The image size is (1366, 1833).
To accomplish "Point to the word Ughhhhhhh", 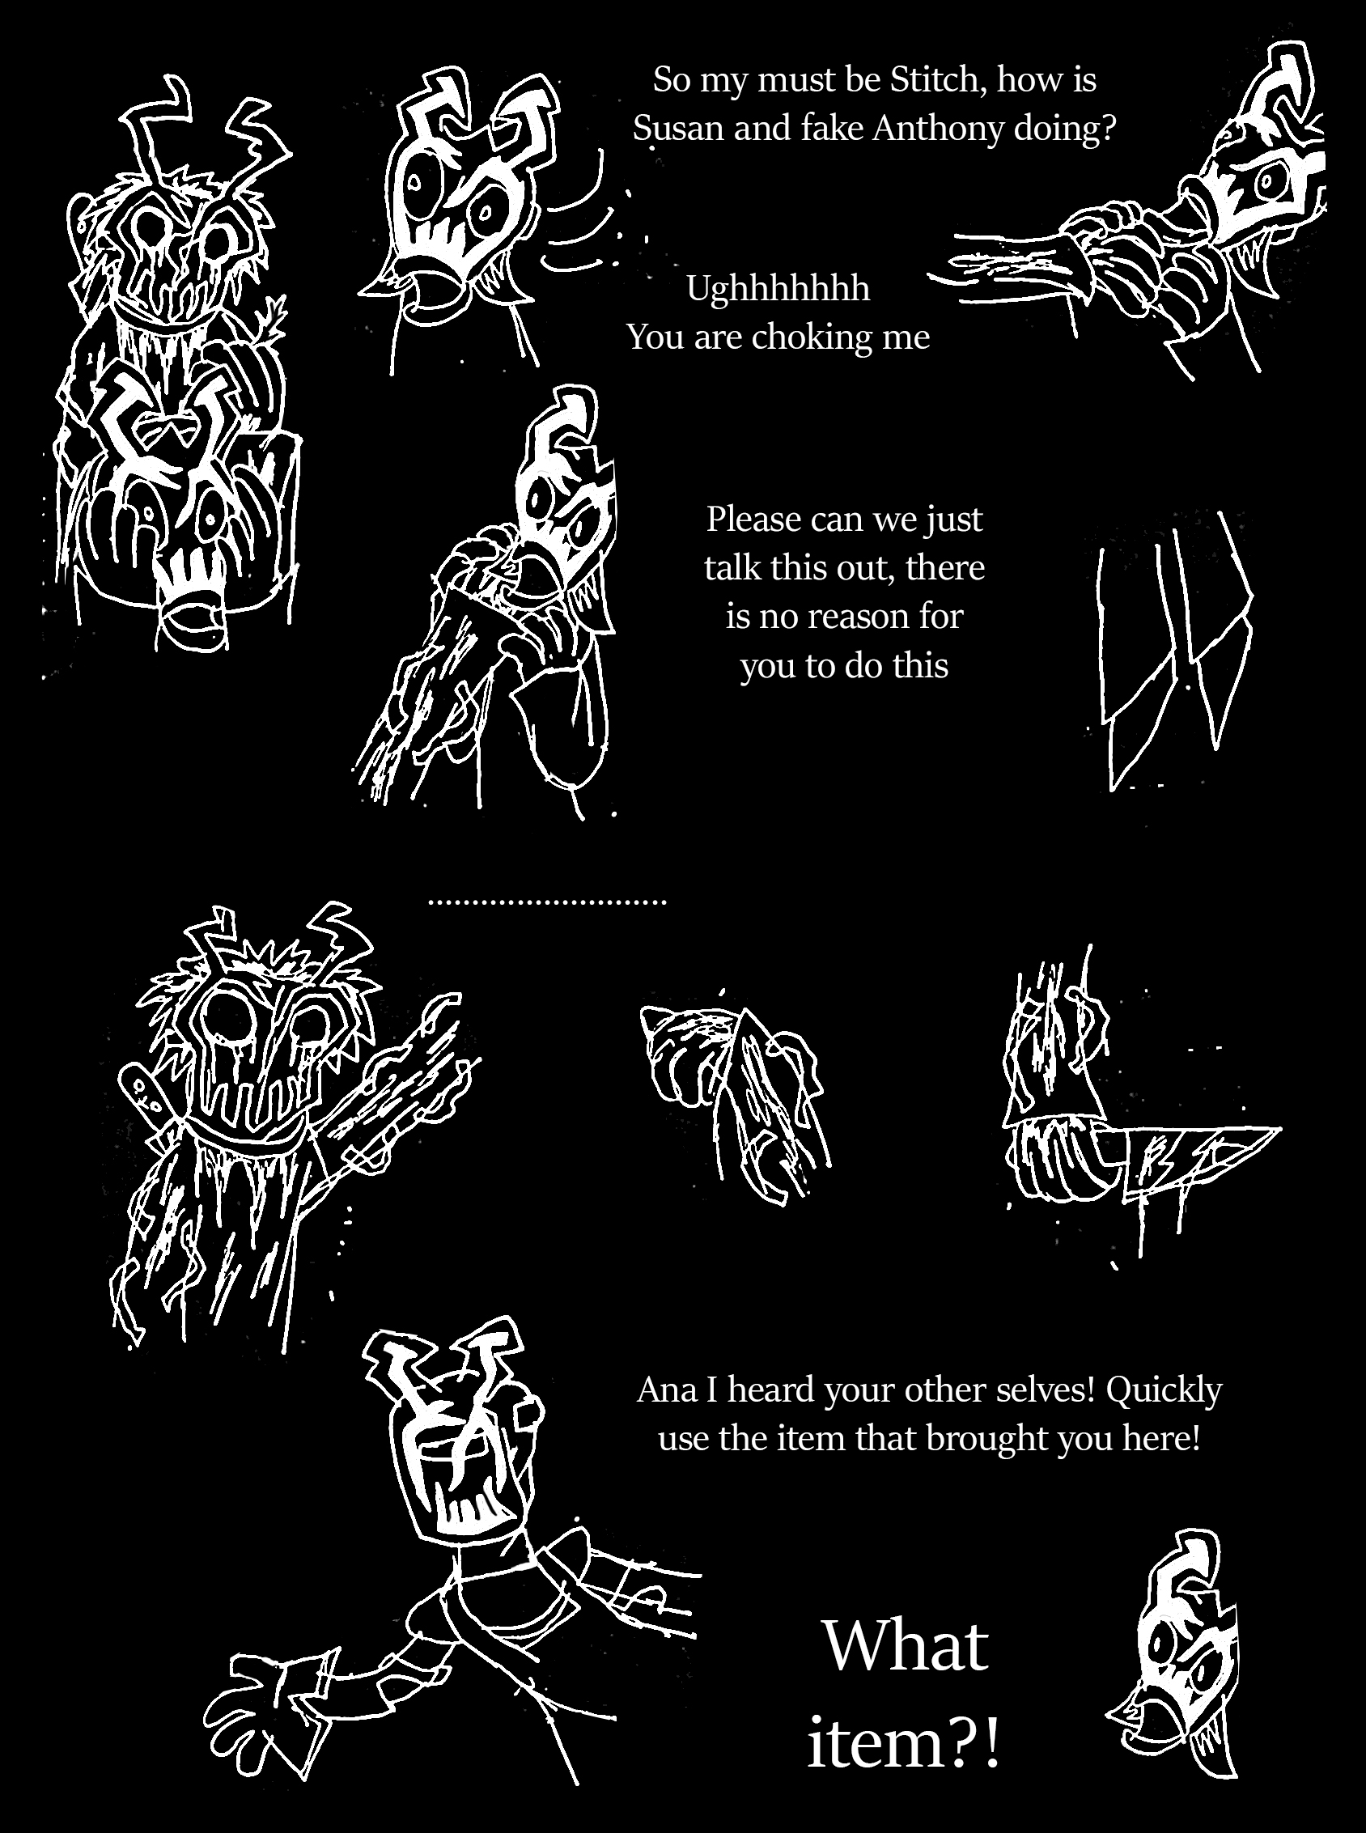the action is [x=778, y=290].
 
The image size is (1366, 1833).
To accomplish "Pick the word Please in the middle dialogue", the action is [x=754, y=520].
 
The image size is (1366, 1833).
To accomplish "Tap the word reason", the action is [x=845, y=617].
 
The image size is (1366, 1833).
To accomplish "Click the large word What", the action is [x=906, y=1646].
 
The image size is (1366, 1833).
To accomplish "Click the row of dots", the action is [x=547, y=903].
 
